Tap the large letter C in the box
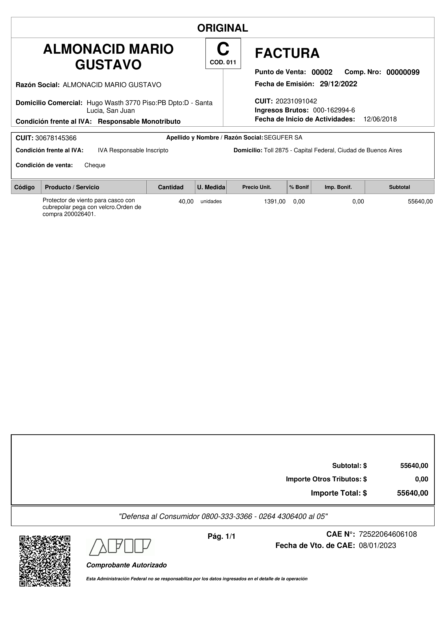click(x=223, y=49)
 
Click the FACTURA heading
click(x=287, y=53)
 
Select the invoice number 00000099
click(x=403, y=72)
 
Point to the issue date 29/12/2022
click(x=338, y=84)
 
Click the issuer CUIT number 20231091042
click(x=296, y=101)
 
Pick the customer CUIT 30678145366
click(x=56, y=138)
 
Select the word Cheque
click(x=95, y=165)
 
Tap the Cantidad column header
click(x=170, y=187)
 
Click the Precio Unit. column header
click(x=257, y=187)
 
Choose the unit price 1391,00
click(x=275, y=201)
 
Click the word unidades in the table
click(x=211, y=201)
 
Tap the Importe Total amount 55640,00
click(x=412, y=493)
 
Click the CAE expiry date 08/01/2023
click(x=377, y=545)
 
